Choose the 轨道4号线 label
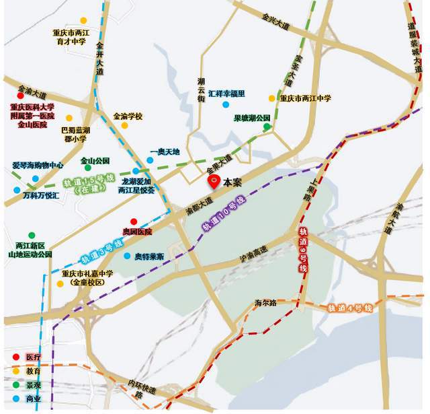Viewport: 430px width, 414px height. [x=349, y=308]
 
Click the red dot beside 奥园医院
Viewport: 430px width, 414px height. [x=134, y=221]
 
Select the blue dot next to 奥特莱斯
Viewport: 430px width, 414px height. [x=126, y=256]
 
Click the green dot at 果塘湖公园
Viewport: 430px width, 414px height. [x=267, y=127]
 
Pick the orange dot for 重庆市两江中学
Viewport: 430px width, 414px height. [x=271, y=98]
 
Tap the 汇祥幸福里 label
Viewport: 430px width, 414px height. [x=226, y=94]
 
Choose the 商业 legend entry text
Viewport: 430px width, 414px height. [x=34, y=399]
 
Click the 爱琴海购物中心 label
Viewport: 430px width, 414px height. [x=38, y=165]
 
